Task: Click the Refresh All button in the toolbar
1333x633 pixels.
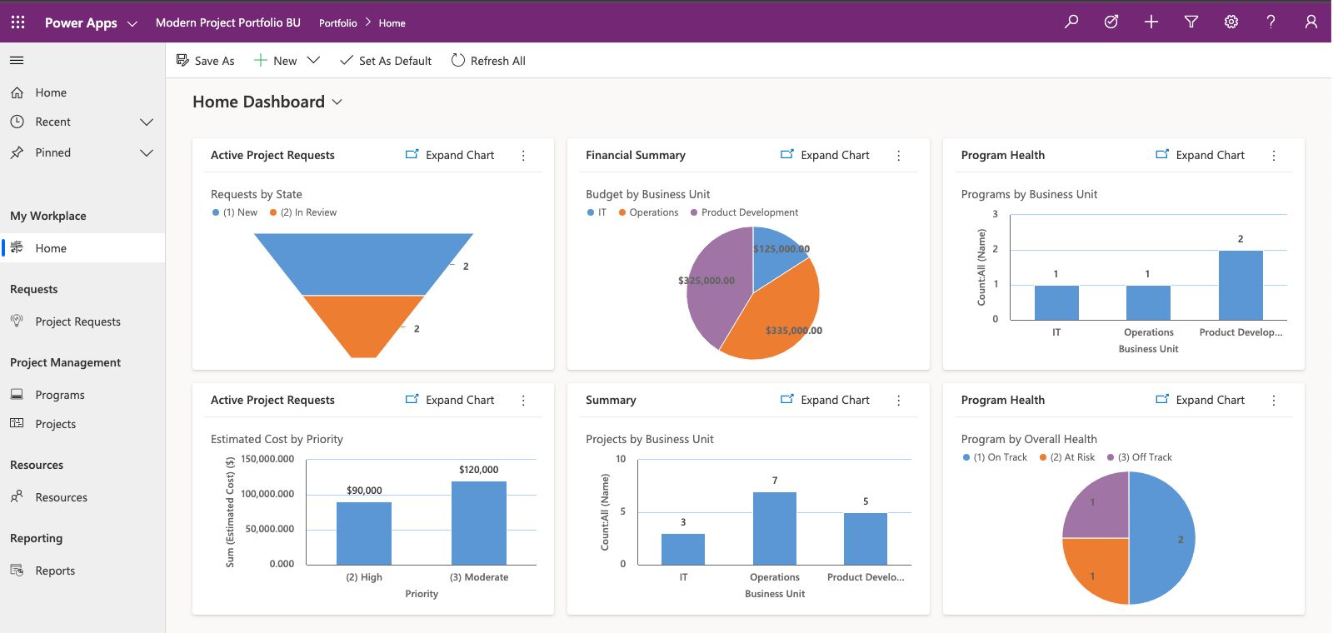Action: click(x=488, y=61)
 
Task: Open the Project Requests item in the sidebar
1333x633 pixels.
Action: click(x=77, y=321)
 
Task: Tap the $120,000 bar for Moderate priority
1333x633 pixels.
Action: click(x=478, y=523)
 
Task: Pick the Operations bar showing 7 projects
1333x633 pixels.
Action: click(x=774, y=528)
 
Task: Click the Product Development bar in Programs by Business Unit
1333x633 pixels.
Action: click(x=1240, y=285)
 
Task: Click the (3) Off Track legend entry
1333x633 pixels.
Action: click(x=1144, y=457)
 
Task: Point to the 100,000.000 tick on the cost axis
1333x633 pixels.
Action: click(x=267, y=494)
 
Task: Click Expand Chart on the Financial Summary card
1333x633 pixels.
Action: click(x=825, y=155)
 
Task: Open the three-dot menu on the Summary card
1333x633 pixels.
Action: click(x=898, y=401)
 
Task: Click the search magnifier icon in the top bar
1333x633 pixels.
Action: click(x=1071, y=22)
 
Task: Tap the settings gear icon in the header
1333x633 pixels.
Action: click(x=1231, y=22)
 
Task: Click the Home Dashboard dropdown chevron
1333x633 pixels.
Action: click(x=337, y=102)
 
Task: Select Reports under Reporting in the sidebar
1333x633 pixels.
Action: click(x=55, y=571)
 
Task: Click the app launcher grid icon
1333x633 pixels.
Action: click(x=17, y=22)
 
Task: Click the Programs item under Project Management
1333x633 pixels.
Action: click(x=60, y=395)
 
